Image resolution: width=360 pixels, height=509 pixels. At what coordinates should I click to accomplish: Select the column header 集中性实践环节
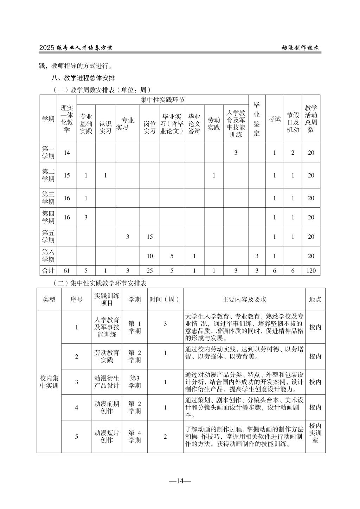(x=162, y=99)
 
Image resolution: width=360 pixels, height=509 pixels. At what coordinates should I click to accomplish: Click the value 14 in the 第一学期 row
(x=67, y=153)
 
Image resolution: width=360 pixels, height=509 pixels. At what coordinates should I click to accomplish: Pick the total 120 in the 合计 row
(x=311, y=270)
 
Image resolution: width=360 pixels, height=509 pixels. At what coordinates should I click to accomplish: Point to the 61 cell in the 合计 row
(x=67, y=270)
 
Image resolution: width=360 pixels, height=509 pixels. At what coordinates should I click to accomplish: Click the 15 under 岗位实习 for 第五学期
(x=150, y=237)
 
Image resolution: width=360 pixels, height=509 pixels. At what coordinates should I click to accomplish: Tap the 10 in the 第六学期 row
(x=150, y=256)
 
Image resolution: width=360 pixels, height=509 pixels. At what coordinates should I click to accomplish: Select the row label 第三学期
(x=49, y=198)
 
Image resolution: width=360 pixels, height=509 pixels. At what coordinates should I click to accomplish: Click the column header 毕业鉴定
(x=257, y=119)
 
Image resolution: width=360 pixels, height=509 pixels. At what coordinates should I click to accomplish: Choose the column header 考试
(x=275, y=119)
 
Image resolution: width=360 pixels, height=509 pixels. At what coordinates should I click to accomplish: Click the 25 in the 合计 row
(x=150, y=270)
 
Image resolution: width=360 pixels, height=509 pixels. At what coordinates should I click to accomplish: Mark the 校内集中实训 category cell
(x=49, y=382)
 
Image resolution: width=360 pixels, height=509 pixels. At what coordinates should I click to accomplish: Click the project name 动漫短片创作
(x=107, y=437)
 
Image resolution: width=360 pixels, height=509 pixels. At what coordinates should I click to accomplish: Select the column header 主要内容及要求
(x=244, y=299)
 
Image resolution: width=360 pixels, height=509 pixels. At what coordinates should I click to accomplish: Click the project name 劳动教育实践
(x=107, y=356)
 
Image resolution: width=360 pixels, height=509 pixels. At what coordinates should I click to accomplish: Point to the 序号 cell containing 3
(x=77, y=382)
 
